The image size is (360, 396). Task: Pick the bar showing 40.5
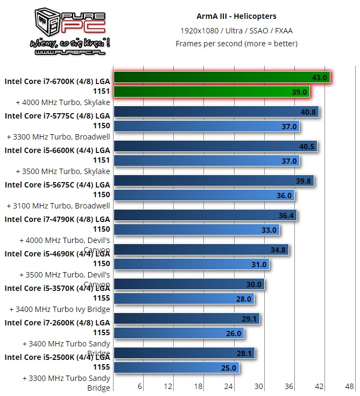(215, 146)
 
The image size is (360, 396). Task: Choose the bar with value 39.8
(214, 181)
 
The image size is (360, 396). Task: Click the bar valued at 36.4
(205, 216)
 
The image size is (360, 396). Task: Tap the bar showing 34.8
(201, 250)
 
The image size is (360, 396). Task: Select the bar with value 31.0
(192, 265)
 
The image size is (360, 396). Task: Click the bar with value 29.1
(187, 319)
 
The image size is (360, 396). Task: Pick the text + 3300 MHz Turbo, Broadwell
(58, 137)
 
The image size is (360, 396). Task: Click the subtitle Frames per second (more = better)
(236, 44)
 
